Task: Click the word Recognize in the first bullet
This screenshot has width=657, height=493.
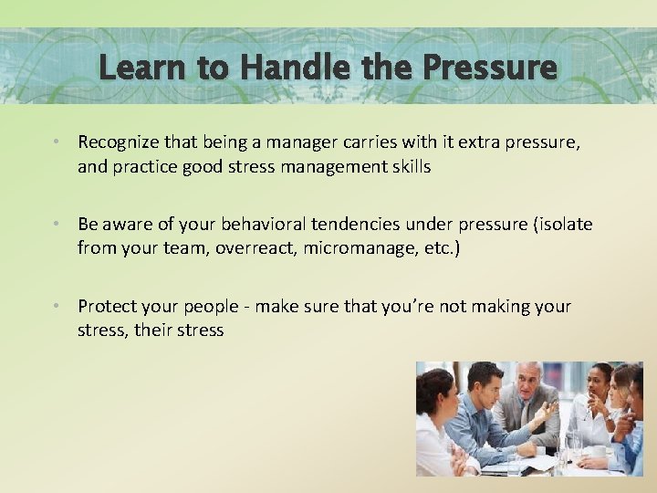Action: tap(118, 142)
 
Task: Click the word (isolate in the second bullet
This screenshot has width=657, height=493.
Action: tap(559, 225)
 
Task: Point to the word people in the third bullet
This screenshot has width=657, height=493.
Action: tap(207, 306)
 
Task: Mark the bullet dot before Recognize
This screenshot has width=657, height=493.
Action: tap(57, 143)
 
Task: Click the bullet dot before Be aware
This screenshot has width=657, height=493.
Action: tap(57, 226)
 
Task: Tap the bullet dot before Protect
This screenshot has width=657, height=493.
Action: tap(57, 307)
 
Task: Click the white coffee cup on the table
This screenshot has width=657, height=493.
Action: tap(599, 451)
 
